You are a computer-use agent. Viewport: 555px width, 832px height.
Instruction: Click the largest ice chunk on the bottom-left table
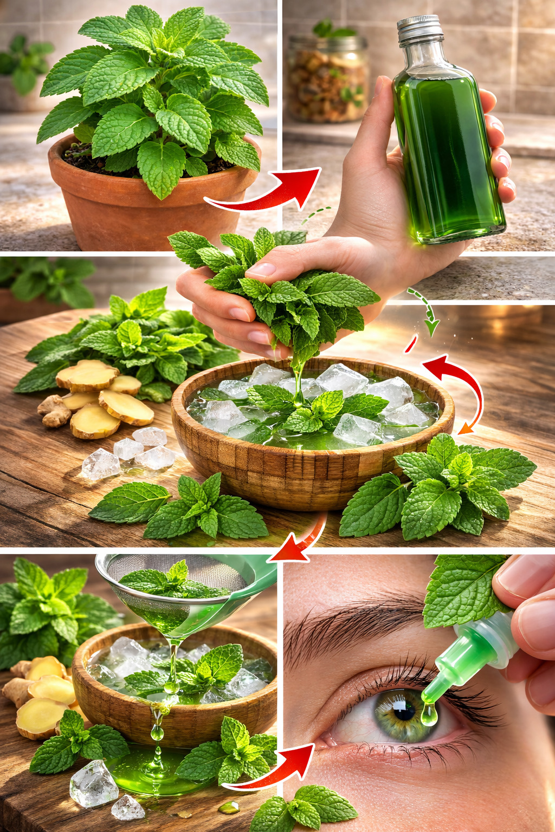[x=93, y=783]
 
